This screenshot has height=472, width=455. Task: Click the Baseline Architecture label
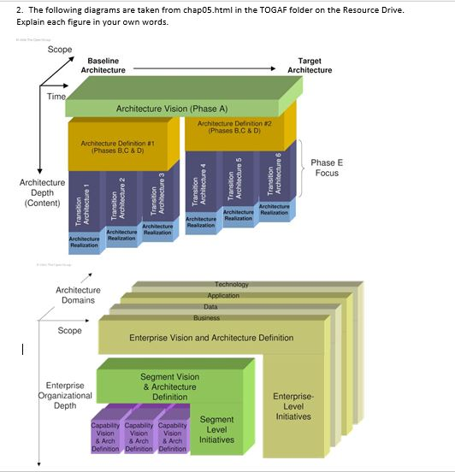pos(103,65)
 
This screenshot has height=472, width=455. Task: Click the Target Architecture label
pos(309,65)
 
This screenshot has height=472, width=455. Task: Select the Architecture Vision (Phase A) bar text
pos(172,109)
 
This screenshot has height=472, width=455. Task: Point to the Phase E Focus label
pos(325,168)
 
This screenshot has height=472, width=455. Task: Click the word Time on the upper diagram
pos(56,97)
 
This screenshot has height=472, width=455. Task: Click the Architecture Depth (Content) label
pos(42,192)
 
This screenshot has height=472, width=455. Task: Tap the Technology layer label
pos(231,284)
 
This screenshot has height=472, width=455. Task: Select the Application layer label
pos(223,295)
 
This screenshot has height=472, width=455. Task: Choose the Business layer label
pos(206,317)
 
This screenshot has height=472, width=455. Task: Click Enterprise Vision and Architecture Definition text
pos(210,338)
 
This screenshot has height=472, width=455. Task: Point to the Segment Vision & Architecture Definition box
pos(169,386)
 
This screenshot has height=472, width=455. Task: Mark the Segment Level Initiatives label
pos(216,429)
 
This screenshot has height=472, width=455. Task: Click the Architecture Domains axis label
pos(78,295)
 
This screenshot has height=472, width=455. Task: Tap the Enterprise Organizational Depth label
pos(65,395)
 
